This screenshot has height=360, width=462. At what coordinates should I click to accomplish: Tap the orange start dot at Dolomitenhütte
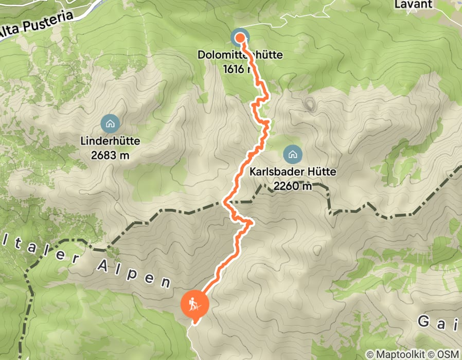[240, 38]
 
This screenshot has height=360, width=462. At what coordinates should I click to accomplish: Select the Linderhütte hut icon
[110, 123]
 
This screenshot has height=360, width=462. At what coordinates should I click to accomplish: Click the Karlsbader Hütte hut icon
[292, 153]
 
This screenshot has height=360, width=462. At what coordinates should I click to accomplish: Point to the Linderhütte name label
[110, 140]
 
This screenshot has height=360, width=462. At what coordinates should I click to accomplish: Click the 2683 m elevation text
[110, 155]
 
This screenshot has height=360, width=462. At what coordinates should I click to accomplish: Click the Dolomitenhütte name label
[240, 55]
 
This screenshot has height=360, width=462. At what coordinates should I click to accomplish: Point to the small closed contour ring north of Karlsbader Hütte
[310, 105]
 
